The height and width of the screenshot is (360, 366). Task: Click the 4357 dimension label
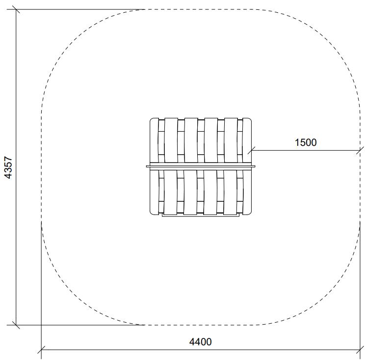8,167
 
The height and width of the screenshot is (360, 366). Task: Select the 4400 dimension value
201,342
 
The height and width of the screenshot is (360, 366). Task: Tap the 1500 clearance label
306,142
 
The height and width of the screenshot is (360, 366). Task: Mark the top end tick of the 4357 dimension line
16,10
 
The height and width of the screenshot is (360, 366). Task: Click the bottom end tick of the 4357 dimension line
16,325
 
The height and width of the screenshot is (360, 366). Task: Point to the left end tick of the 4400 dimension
41,350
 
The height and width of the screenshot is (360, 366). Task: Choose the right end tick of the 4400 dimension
360,350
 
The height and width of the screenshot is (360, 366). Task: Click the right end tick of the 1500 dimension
360,150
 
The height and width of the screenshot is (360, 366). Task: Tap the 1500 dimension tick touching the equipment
251,150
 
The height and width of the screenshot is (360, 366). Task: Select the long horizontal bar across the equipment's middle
201,166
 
